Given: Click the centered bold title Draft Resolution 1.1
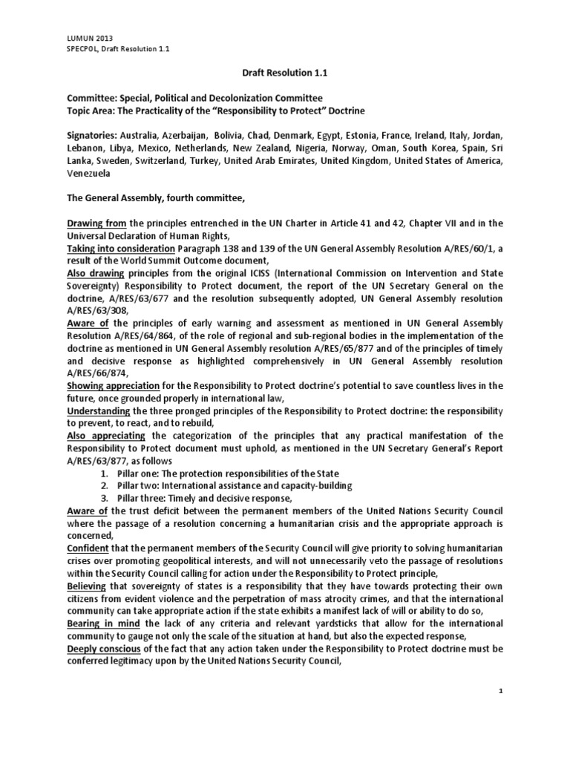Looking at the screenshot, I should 285,73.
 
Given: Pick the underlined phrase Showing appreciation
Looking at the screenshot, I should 111,385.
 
